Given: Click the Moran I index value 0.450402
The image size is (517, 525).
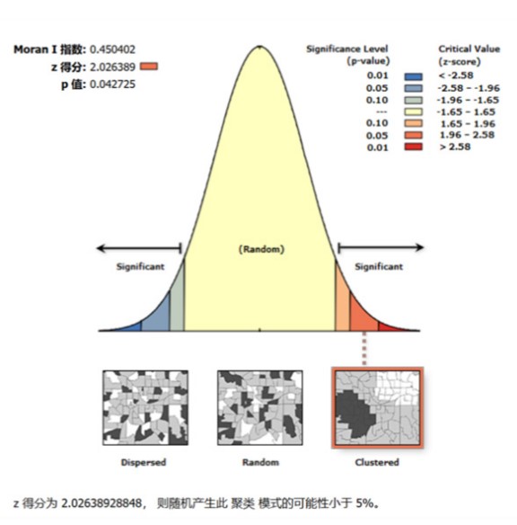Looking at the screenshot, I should (x=112, y=49).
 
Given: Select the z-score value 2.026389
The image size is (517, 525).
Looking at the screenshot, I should (x=112, y=67).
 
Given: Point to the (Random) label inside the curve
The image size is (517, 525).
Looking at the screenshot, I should (x=260, y=248).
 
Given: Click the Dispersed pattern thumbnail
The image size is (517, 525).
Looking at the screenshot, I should (x=143, y=410).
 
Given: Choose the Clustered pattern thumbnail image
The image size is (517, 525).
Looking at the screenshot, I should (x=377, y=409).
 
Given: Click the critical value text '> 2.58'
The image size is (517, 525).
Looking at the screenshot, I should (x=454, y=147).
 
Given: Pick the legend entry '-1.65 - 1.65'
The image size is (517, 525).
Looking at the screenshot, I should (x=462, y=111).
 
